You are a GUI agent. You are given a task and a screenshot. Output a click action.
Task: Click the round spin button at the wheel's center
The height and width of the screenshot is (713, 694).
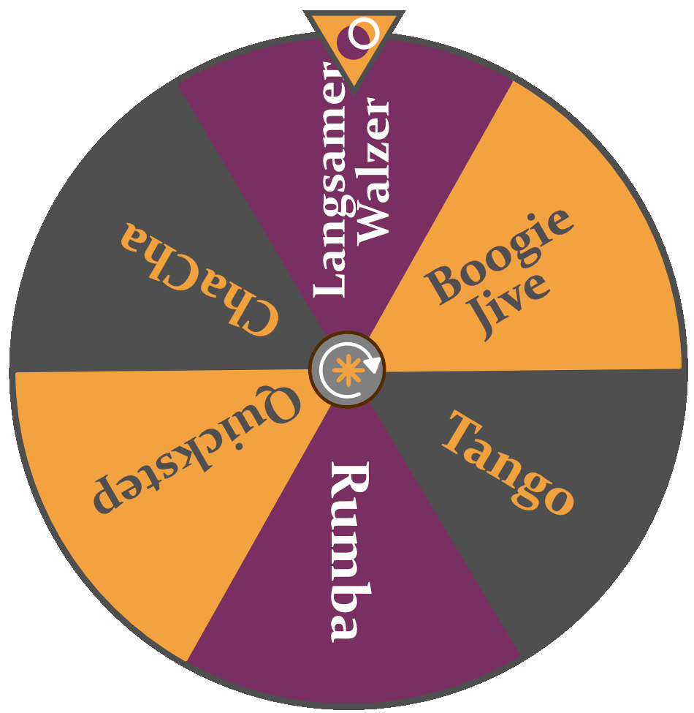347,369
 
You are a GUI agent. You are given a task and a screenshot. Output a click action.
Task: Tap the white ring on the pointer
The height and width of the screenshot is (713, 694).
364,34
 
